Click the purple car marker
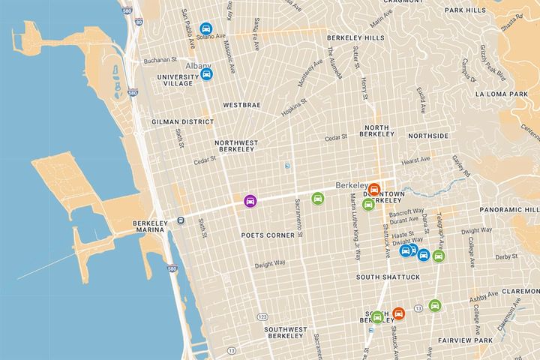pyautogui.click(x=250, y=201)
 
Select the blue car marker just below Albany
pyautogui.click(x=207, y=73)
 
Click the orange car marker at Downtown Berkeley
pyautogui.click(x=374, y=189)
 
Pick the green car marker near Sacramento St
pyautogui.click(x=318, y=199)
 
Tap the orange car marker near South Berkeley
pyautogui.click(x=398, y=313)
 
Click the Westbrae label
pyautogui.click(x=241, y=105)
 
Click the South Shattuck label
pyautogui.click(x=388, y=277)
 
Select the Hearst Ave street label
pyautogui.click(x=415, y=159)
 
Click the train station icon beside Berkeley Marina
pyautogui.click(x=180, y=220)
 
